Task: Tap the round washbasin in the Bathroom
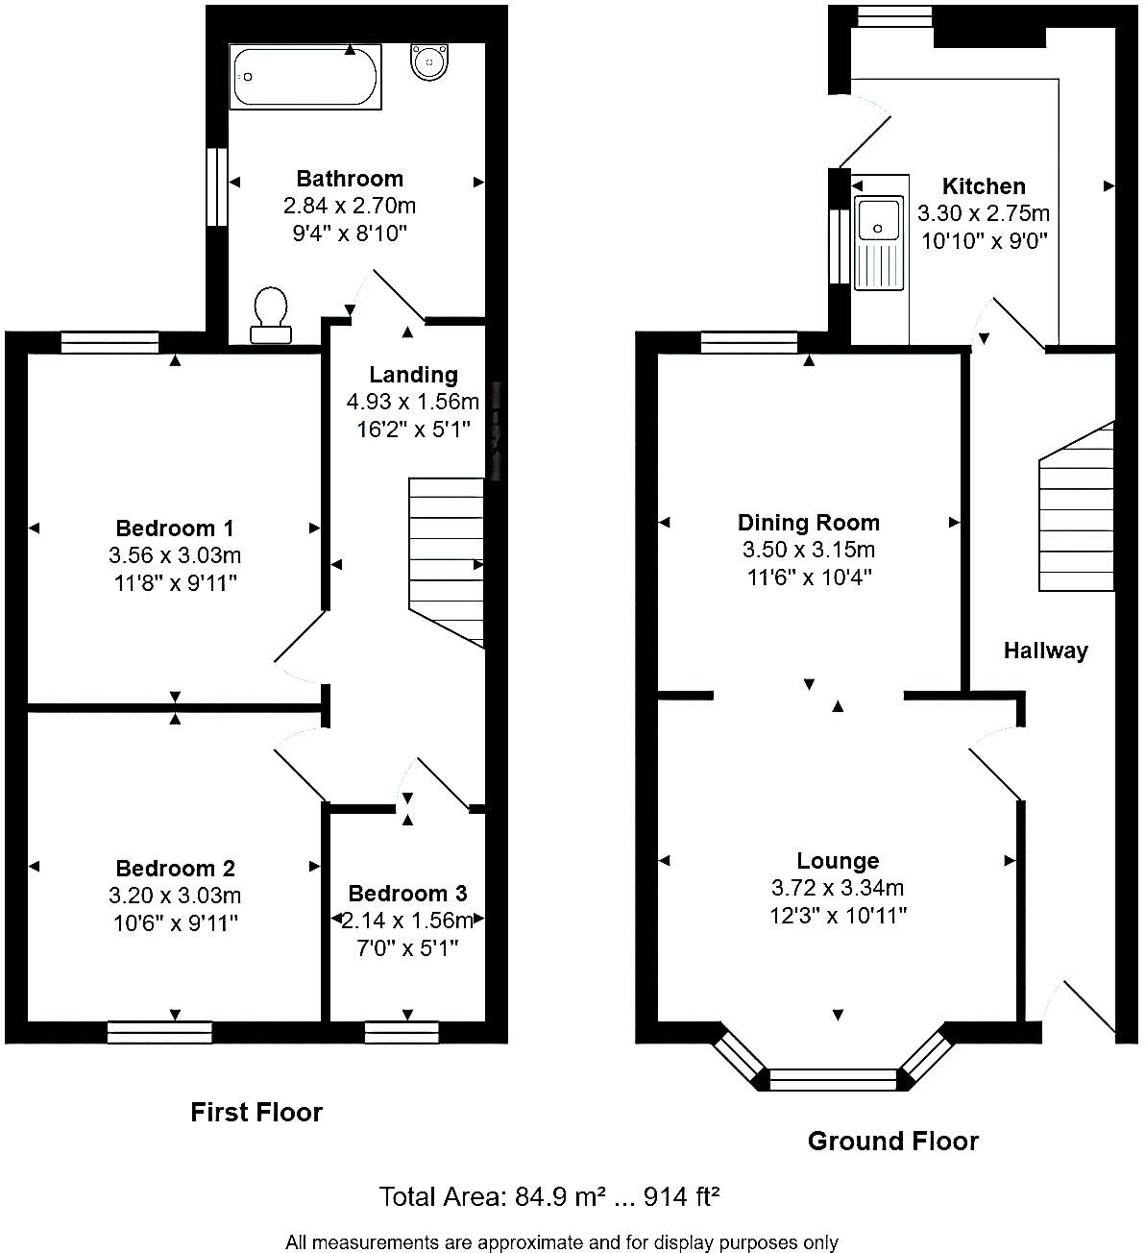[427, 62]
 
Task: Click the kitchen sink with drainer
[879, 241]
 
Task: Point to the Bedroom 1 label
[175, 528]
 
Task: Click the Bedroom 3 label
[407, 894]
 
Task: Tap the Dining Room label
[808, 523]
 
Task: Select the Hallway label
[1045, 651]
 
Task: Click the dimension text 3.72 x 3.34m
[838, 889]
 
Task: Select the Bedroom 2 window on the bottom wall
[159, 1032]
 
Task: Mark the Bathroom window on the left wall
[219, 186]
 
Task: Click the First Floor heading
[256, 1113]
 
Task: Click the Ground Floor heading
[892, 1142]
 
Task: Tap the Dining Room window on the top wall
[748, 342]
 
